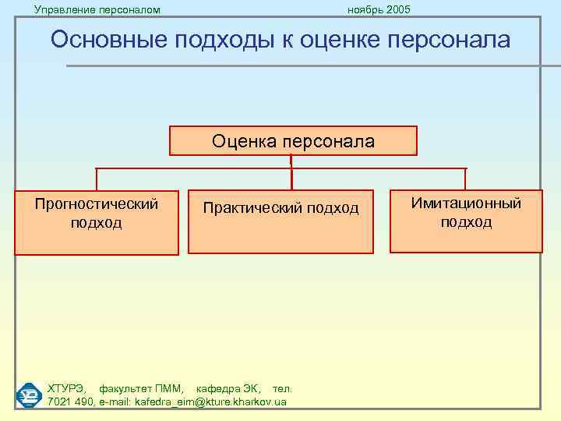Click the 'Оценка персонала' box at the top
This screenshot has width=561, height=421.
(293, 141)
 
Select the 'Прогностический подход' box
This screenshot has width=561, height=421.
(96, 222)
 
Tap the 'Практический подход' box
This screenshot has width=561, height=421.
(280, 222)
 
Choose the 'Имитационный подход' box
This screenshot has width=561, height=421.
(466, 221)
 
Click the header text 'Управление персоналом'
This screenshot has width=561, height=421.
(97, 9)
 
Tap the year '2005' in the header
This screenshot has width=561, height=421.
(397, 9)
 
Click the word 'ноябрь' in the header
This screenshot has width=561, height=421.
(363, 9)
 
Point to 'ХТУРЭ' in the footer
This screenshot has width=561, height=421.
(68, 388)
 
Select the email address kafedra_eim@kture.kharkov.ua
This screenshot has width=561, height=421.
(210, 402)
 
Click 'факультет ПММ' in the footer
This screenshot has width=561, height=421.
(142, 388)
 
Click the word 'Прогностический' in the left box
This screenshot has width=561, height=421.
(96, 204)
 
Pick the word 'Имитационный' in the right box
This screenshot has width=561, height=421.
(466, 203)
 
